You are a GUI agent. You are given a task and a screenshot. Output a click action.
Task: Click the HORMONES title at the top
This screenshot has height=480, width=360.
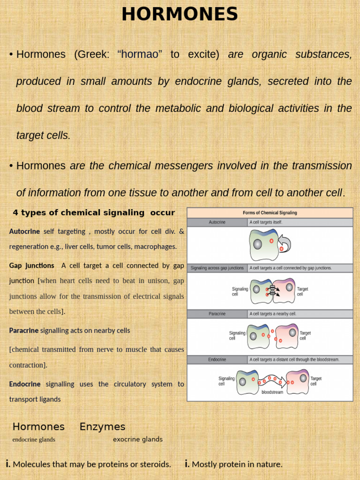(x=180, y=15)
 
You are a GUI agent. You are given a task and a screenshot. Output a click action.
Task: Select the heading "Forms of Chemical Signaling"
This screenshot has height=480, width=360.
(x=270, y=213)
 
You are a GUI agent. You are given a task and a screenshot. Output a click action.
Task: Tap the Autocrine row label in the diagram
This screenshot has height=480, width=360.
(x=217, y=222)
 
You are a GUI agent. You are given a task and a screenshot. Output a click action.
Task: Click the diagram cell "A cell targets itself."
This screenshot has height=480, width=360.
(x=266, y=222)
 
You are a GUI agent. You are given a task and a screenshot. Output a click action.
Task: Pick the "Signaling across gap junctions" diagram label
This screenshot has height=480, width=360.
(x=217, y=268)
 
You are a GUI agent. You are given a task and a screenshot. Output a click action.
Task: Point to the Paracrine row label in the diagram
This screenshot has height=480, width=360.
(x=217, y=314)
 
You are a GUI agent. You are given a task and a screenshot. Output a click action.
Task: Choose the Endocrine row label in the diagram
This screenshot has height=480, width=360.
(x=217, y=360)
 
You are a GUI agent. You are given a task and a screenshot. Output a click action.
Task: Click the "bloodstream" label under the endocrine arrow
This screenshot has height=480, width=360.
(x=272, y=392)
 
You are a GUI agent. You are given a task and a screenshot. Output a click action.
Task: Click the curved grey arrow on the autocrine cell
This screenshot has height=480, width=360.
(x=285, y=243)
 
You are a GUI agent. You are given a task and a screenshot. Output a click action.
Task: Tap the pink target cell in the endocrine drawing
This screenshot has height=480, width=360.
(x=298, y=381)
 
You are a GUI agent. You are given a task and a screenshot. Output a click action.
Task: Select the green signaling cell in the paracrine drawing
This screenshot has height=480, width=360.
(x=258, y=336)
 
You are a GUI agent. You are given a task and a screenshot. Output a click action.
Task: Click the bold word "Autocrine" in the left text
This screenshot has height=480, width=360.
(x=24, y=231)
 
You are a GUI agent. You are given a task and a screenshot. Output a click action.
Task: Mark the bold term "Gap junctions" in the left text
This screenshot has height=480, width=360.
(x=31, y=266)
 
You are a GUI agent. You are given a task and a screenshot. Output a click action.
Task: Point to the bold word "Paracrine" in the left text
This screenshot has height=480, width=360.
(x=24, y=330)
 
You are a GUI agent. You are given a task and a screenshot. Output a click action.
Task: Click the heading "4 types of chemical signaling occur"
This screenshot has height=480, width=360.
(x=94, y=213)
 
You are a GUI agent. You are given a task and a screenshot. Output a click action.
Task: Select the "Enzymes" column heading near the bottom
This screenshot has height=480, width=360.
(x=102, y=427)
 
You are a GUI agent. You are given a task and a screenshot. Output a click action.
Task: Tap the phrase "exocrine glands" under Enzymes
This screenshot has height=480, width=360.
(x=138, y=439)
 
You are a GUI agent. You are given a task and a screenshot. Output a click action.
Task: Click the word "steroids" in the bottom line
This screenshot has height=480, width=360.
(x=155, y=465)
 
